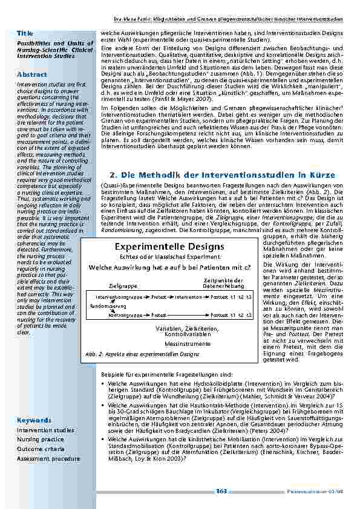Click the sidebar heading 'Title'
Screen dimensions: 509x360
tap(25, 31)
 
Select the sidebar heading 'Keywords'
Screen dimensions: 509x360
tap(34, 420)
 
